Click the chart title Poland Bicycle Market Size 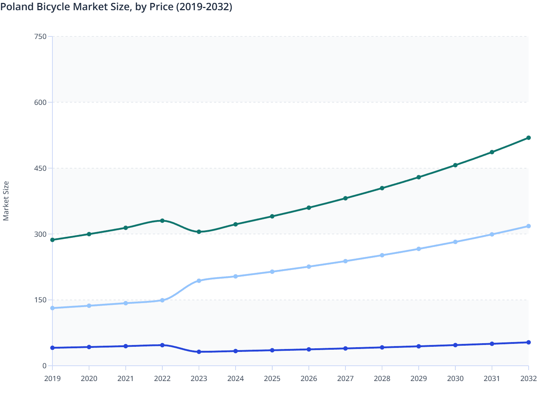pyautogui.click(x=116, y=7)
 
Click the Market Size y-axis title pyautogui.click(x=6, y=201)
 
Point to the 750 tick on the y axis pyautogui.click(x=40, y=36)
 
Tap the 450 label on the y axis pyautogui.click(x=40, y=168)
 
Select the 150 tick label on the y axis pyautogui.click(x=40, y=300)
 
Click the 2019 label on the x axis pyautogui.click(x=52, y=378)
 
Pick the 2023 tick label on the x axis pyautogui.click(x=199, y=378)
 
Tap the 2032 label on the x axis pyautogui.click(x=528, y=378)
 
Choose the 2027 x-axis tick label pyautogui.click(x=345, y=378)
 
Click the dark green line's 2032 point pyautogui.click(x=529, y=138)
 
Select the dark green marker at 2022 pyautogui.click(x=162, y=221)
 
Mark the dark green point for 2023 pyautogui.click(x=199, y=232)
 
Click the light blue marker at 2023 pyautogui.click(x=199, y=281)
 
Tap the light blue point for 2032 pyautogui.click(x=529, y=226)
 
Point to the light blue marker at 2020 pyautogui.click(x=89, y=306)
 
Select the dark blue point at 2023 pyautogui.click(x=199, y=352)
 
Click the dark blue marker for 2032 pyautogui.click(x=529, y=342)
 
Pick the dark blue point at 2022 pyautogui.click(x=162, y=345)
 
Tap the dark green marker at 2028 pyautogui.click(x=382, y=188)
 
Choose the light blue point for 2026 pyautogui.click(x=309, y=267)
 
